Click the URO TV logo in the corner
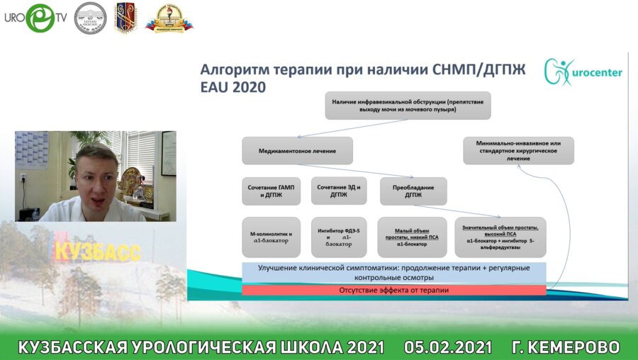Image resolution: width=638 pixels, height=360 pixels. (x=35, y=18)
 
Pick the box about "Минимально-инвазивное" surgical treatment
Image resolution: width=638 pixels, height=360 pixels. (x=518, y=151)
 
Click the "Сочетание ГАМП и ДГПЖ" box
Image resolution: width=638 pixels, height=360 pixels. (x=272, y=191)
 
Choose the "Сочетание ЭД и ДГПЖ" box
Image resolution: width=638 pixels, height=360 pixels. (x=339, y=191)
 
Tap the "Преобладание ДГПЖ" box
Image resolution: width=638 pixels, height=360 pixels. (x=413, y=191)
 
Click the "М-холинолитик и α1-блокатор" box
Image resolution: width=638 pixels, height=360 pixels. (x=272, y=237)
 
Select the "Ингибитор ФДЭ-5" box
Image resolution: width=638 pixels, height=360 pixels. (x=339, y=237)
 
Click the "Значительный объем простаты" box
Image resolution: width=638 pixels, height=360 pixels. (x=500, y=237)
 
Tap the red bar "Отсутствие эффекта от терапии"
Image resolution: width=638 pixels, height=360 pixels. (x=394, y=291)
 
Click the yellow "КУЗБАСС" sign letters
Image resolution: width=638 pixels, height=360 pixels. (x=97, y=251)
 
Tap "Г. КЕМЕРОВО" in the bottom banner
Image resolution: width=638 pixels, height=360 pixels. (x=565, y=347)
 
